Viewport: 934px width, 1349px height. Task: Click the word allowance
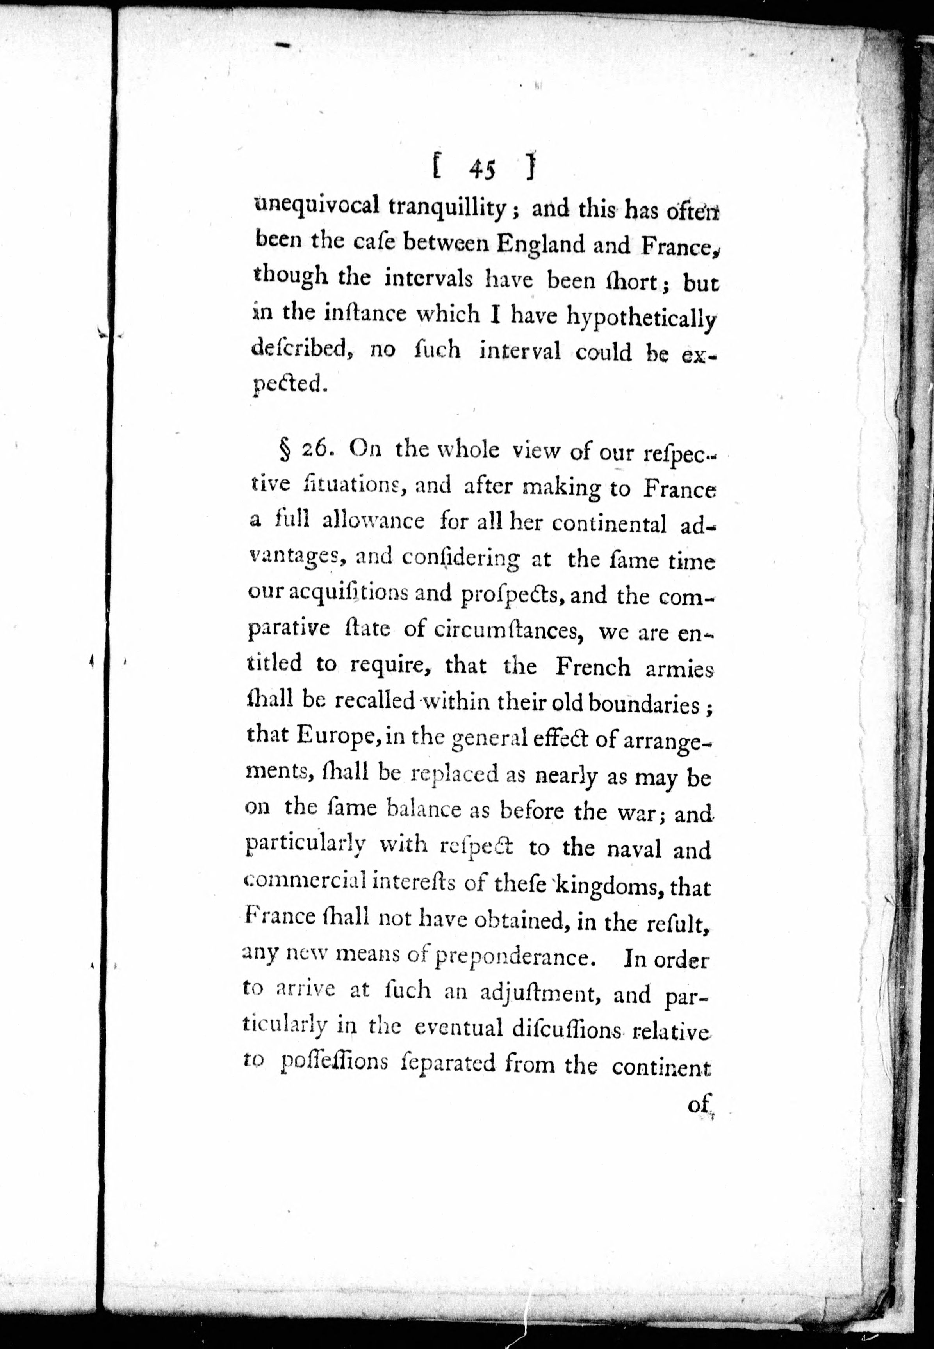[373, 520]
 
